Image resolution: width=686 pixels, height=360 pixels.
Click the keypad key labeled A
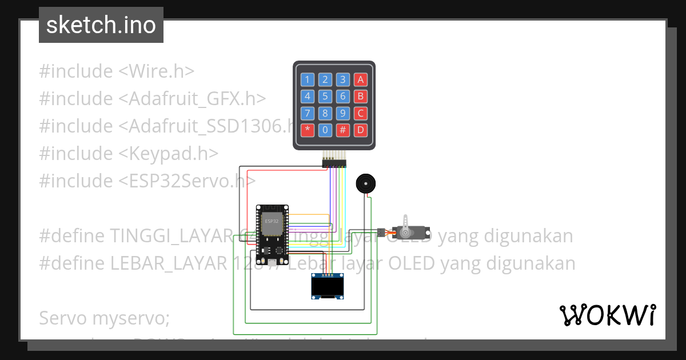360,79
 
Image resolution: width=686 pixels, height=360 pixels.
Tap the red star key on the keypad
308,130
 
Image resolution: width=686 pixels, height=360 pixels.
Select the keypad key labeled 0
325,130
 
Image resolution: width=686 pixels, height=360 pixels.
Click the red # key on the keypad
342,130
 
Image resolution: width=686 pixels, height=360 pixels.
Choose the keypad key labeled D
360,130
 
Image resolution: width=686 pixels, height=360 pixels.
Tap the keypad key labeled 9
342,113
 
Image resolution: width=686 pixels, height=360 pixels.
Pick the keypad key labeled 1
308,79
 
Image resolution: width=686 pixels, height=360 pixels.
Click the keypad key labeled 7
308,113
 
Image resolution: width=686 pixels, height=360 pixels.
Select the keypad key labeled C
360,113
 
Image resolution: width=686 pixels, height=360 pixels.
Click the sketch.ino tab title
101,25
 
